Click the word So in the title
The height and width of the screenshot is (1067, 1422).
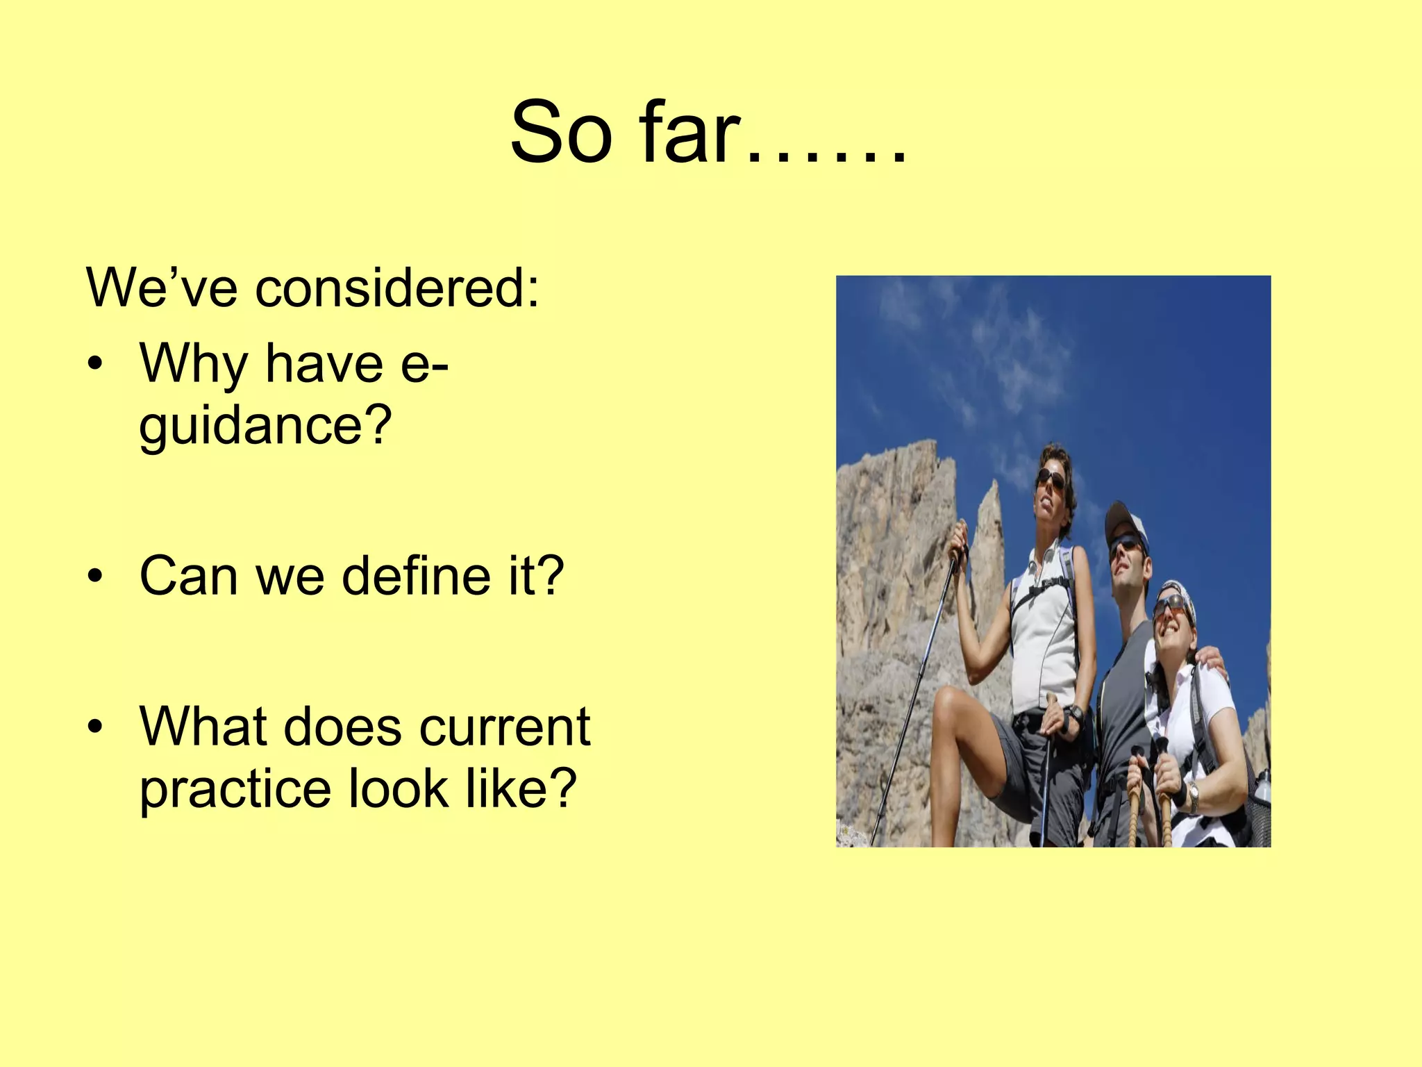(x=561, y=133)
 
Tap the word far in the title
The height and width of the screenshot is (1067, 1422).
(x=687, y=133)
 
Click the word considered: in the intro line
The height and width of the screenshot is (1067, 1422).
(x=396, y=288)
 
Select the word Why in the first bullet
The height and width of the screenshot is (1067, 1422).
(x=194, y=364)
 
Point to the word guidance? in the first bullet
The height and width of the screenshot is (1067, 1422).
(x=265, y=425)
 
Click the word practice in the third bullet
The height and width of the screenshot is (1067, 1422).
(x=235, y=789)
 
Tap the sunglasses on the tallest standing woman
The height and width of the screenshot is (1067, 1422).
(x=1050, y=479)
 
